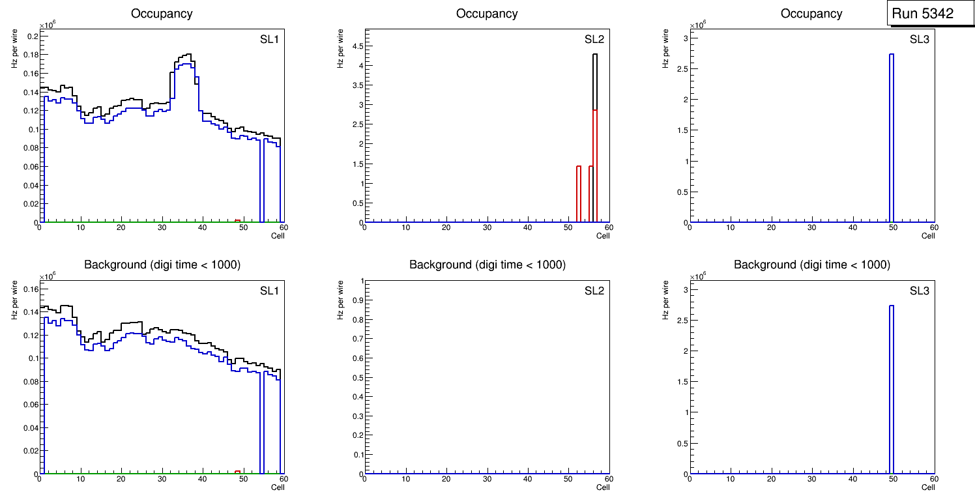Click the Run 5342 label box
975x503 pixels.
pos(926,14)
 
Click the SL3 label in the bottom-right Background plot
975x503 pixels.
pos(919,291)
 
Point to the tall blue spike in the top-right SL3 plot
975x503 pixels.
pos(891,137)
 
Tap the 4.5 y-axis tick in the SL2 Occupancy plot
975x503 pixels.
pos(358,46)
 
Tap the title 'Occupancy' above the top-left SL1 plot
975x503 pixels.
pos(162,14)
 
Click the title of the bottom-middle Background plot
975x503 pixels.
pos(487,265)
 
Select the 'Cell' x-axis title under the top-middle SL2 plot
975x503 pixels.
pos(603,236)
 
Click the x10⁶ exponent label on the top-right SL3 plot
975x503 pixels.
pos(698,25)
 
